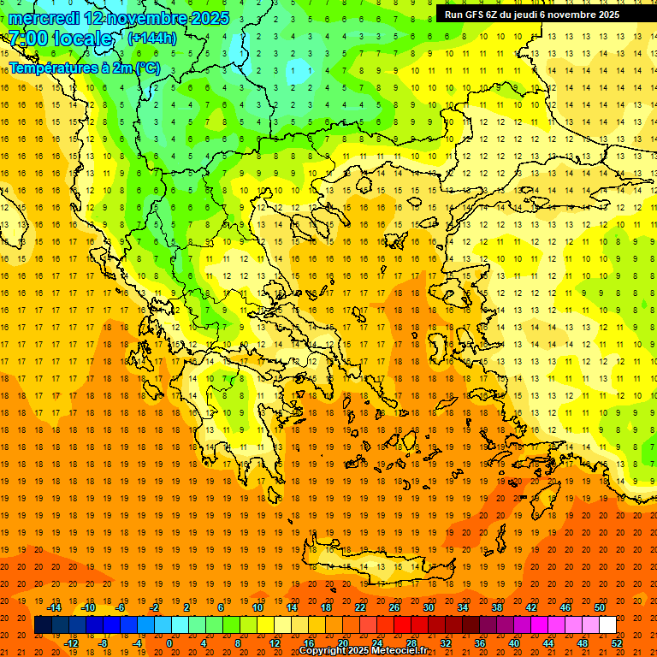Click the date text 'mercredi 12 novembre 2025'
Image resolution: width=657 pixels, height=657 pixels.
(118, 18)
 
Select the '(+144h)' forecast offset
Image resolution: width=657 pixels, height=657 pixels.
(151, 38)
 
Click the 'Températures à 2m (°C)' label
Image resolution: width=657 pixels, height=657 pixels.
(84, 68)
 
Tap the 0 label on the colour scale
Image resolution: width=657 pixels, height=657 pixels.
(169, 642)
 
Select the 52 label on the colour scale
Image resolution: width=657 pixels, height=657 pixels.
(617, 642)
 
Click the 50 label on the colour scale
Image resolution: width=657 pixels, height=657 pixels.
(599, 607)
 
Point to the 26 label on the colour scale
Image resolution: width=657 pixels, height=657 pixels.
(394, 607)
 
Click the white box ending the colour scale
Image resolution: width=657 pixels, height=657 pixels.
(607, 625)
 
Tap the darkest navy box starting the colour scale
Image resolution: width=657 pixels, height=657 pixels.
(43, 625)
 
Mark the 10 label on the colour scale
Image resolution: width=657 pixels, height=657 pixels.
(257, 607)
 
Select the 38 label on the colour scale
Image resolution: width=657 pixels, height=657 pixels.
(496, 607)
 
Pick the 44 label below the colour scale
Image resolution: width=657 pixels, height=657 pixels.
(548, 642)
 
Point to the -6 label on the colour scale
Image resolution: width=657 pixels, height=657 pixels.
(121, 607)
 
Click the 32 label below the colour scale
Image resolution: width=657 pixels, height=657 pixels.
(446, 642)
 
